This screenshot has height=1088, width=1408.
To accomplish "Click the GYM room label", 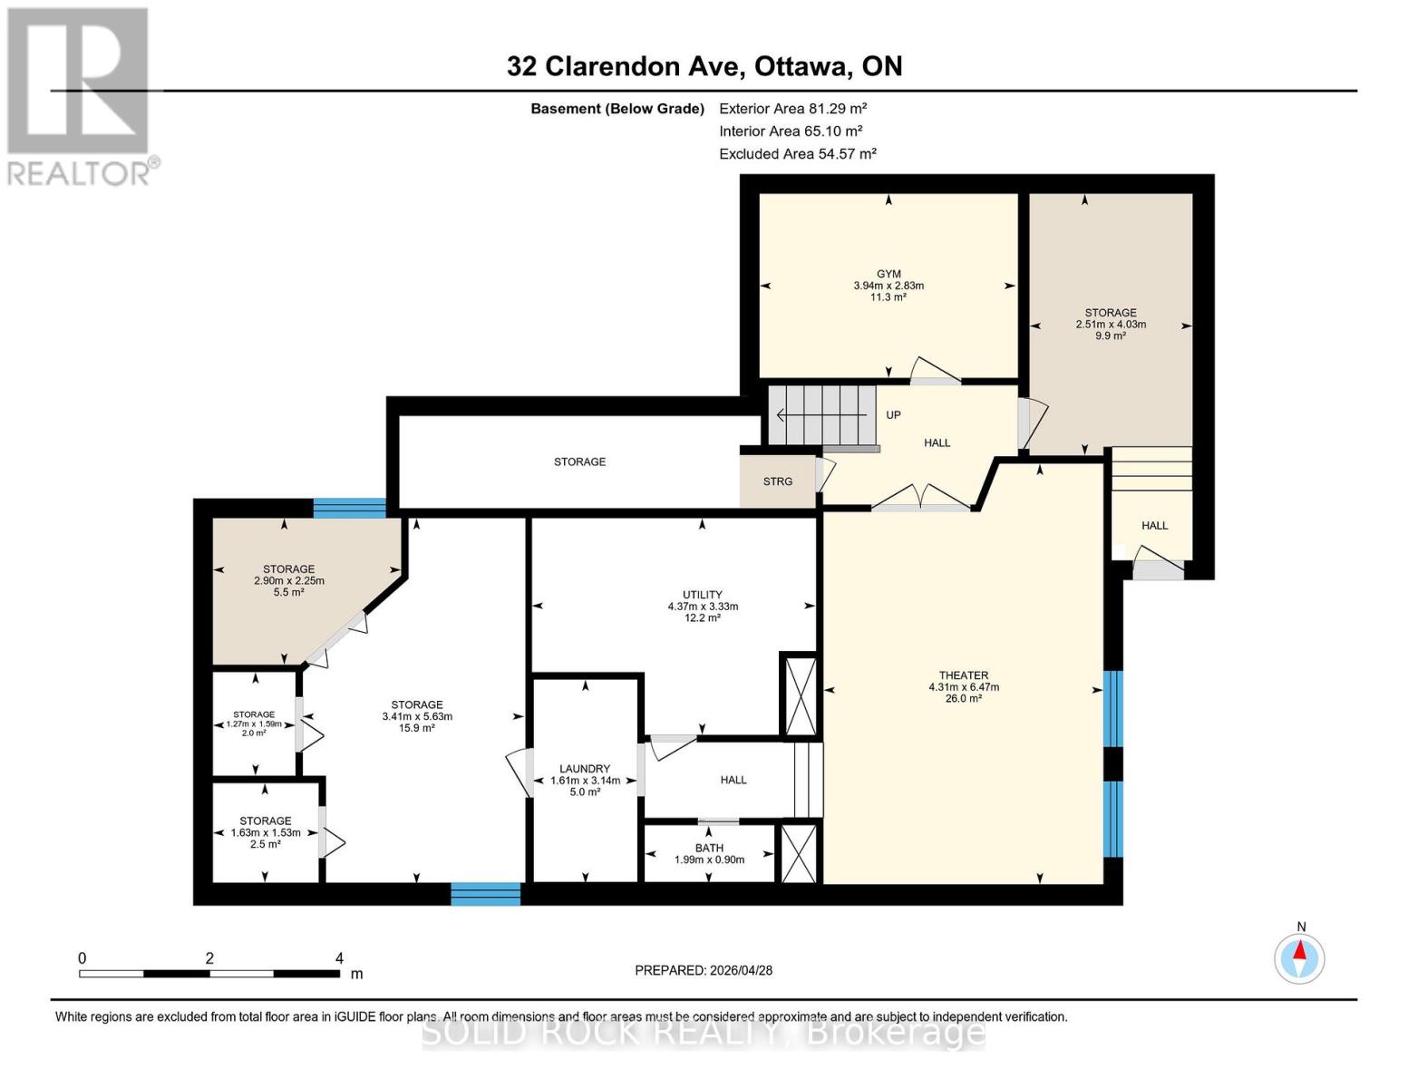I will pos(888,274).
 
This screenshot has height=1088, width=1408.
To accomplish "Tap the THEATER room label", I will pos(963,675).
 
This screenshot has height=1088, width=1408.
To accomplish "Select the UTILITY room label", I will pos(703,595).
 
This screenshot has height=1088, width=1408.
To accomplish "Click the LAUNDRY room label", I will pos(585,769).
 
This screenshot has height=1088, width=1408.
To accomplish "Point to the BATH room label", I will pos(709,849).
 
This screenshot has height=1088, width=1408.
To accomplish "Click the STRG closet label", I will pos(777,481).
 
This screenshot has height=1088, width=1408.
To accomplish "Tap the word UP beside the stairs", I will pos(893,415).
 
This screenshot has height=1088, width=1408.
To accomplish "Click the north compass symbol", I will pos(1300,957).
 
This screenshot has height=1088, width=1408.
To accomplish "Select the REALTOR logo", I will pos(79,96).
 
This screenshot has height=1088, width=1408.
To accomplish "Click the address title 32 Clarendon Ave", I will pos(704,66).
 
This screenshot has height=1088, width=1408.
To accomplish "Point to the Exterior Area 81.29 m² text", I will pos(793,108).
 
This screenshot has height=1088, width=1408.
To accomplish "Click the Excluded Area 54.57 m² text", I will pos(797,154).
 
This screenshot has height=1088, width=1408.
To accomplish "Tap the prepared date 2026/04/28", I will pos(704,970).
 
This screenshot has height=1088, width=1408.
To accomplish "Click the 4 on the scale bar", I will pos(339,958).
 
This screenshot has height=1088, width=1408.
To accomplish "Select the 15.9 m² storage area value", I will pos(417,728).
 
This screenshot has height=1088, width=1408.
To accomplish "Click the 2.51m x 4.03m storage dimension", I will pos(1111,325).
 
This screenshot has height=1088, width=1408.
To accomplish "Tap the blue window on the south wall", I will pos(486,894).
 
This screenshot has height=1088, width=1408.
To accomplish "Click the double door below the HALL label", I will pos(921,499).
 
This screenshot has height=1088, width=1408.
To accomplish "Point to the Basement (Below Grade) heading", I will pos(617,109).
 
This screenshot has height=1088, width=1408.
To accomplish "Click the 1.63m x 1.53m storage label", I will pos(266,832).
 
